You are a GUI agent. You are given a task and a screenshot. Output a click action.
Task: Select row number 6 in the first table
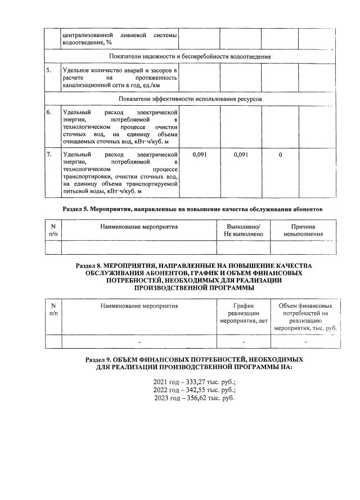49,112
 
